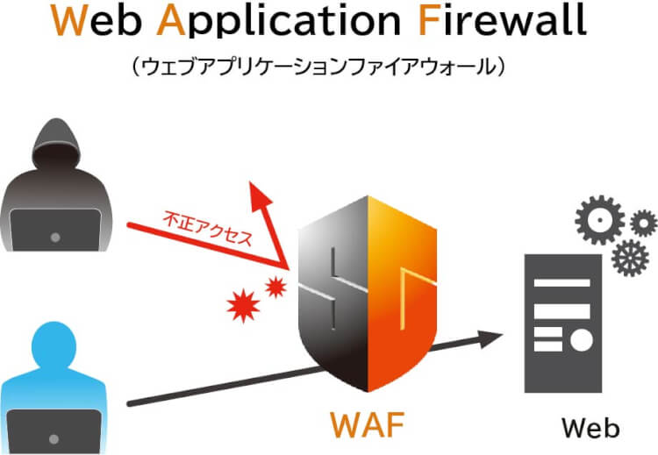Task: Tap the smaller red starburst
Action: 276,285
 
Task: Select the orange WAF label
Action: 367,424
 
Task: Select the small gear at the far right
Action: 644,223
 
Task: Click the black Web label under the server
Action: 590,428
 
